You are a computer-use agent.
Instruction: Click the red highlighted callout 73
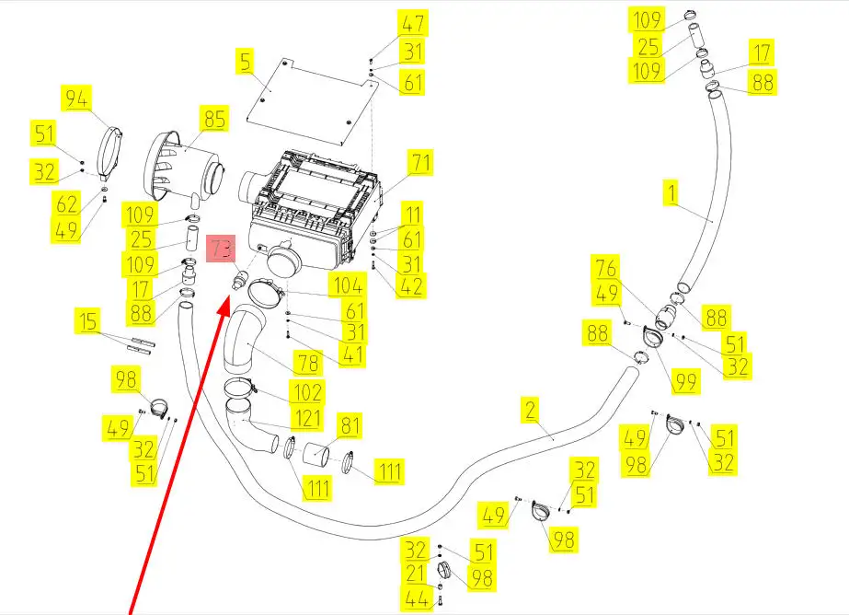(221, 249)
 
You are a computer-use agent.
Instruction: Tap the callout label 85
(213, 120)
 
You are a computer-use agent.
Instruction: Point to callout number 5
(245, 63)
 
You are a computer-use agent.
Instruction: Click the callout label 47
(413, 24)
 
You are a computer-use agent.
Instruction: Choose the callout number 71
(420, 164)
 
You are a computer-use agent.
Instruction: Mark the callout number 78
(305, 362)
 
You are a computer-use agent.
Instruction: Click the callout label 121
(306, 420)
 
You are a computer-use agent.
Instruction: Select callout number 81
(350, 425)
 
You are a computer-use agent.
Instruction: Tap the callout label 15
(88, 322)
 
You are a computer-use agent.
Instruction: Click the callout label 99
(683, 378)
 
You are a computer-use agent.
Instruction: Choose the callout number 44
(417, 600)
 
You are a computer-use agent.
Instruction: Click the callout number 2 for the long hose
(530, 411)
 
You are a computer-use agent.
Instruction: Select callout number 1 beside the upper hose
(672, 193)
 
